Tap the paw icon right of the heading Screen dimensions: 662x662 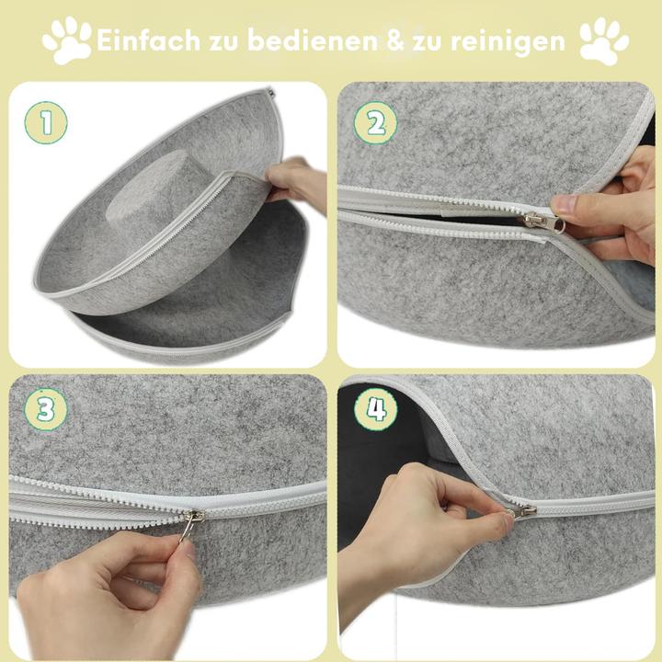point(603,40)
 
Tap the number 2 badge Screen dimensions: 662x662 point(375,122)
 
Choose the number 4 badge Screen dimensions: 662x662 point(375,410)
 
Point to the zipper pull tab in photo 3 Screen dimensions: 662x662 point(188,528)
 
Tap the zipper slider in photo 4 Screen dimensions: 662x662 point(521,508)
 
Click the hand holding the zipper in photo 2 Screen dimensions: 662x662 point(611,211)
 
